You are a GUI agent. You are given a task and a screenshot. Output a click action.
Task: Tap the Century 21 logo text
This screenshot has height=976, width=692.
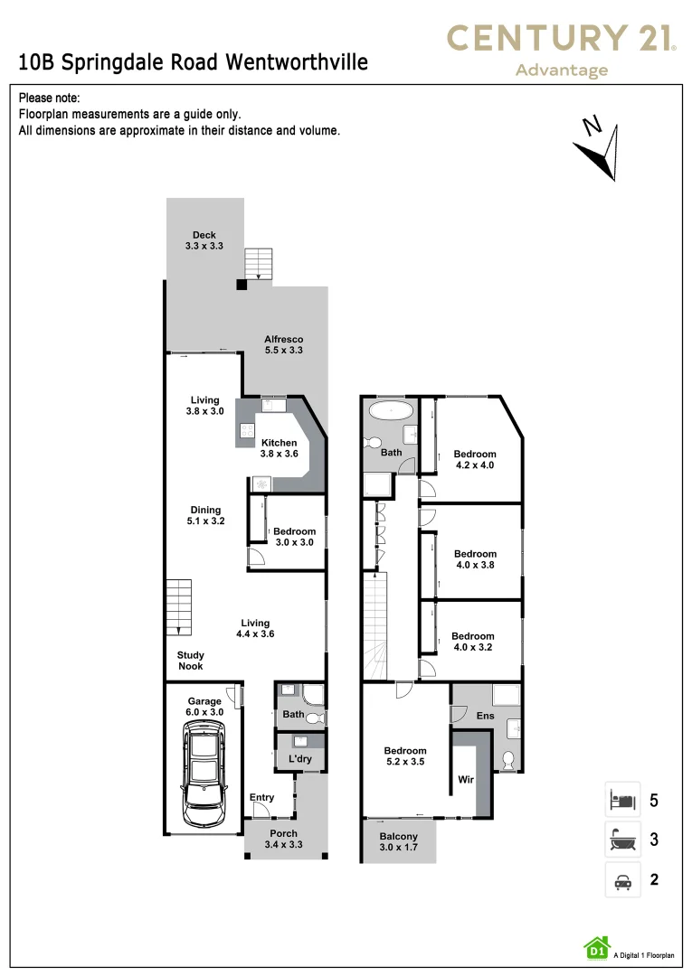[562, 38]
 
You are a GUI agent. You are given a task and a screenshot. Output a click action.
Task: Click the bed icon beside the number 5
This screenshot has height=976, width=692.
[622, 800]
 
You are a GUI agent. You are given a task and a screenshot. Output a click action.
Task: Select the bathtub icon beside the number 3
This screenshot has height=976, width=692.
[622, 840]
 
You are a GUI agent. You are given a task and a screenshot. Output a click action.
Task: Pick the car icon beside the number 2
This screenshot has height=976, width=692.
[622, 880]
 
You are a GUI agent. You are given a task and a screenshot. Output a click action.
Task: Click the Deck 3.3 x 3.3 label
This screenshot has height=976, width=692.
[204, 240]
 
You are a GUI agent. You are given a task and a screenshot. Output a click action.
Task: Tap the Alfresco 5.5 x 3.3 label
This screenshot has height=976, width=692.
[283, 344]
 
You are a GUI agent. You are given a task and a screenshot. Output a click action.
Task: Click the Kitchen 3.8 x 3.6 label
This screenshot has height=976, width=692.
[279, 448]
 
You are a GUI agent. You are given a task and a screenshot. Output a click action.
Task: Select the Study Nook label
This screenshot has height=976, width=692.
[190, 661]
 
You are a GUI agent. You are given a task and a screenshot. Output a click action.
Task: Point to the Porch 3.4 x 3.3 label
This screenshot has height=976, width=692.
[283, 839]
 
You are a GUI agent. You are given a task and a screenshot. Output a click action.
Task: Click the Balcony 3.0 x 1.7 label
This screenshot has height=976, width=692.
[398, 842]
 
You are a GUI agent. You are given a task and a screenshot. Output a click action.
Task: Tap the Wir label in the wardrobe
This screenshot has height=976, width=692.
[466, 778]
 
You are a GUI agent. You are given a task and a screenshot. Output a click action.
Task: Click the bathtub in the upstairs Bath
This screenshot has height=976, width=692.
[391, 410]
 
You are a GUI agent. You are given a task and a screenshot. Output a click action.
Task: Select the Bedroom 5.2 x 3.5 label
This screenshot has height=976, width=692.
[404, 756]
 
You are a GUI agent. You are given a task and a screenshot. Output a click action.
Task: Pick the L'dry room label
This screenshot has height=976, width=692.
[300, 759]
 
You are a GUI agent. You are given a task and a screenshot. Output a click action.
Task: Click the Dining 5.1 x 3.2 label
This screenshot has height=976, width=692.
[205, 516]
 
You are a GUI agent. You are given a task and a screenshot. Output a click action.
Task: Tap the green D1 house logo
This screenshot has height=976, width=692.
[596, 947]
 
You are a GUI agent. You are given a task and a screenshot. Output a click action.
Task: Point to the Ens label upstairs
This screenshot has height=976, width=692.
[486, 716]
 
